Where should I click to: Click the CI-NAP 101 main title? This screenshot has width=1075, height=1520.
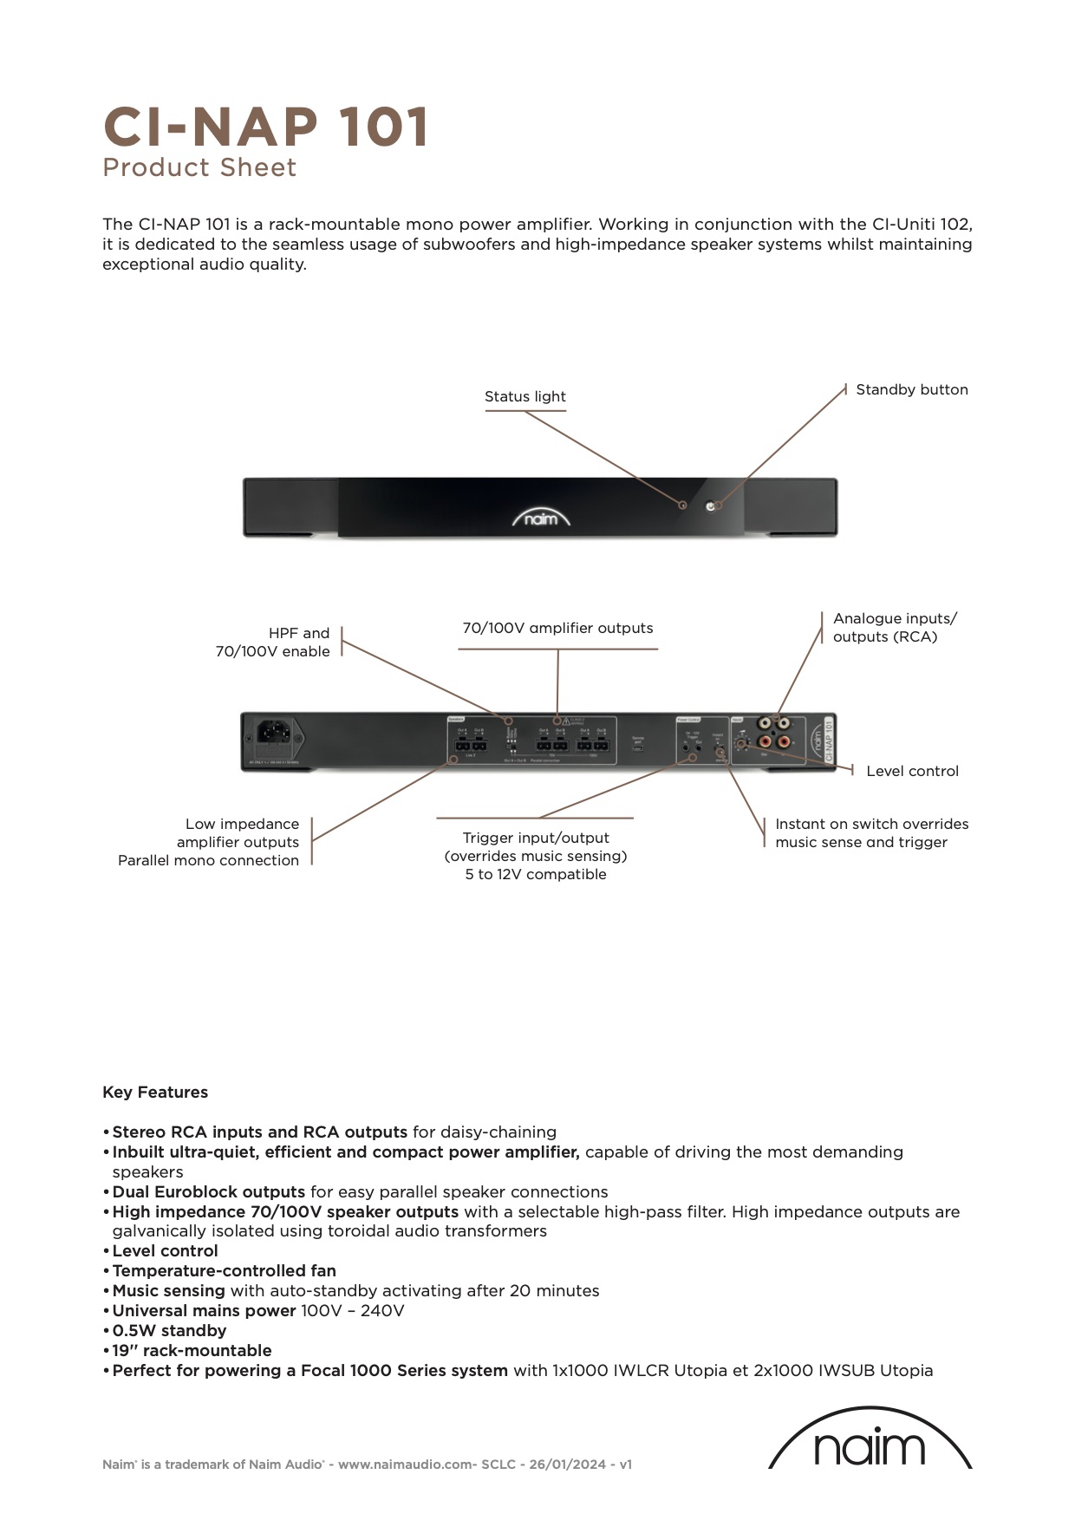[266, 127]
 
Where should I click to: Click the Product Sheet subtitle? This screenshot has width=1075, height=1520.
[199, 167]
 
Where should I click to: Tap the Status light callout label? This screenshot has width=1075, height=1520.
[524, 396]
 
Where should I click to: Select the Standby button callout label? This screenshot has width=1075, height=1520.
[911, 389]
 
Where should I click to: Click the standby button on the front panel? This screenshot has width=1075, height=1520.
[712, 506]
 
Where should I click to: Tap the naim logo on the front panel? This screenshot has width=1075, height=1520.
[541, 519]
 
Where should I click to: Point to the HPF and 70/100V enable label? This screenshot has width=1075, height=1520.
[273, 642]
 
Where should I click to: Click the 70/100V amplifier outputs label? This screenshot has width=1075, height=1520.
[557, 628]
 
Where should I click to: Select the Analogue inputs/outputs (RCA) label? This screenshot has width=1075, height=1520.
[894, 627]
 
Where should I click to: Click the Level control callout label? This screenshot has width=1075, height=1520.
[912, 771]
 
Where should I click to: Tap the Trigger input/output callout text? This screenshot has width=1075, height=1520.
[536, 856]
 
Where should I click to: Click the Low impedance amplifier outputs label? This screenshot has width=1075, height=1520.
[209, 842]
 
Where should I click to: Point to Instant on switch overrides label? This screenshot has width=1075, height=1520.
[871, 832]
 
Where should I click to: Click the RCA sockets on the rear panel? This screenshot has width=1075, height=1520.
[774, 732]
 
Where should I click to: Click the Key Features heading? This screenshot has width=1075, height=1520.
[155, 1092]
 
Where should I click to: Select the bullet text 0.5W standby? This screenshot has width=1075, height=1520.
[170, 1330]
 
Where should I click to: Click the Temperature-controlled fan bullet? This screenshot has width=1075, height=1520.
[225, 1270]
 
